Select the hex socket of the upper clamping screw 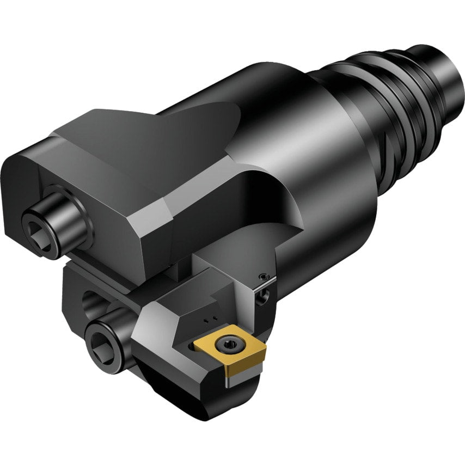coord(40,234)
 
